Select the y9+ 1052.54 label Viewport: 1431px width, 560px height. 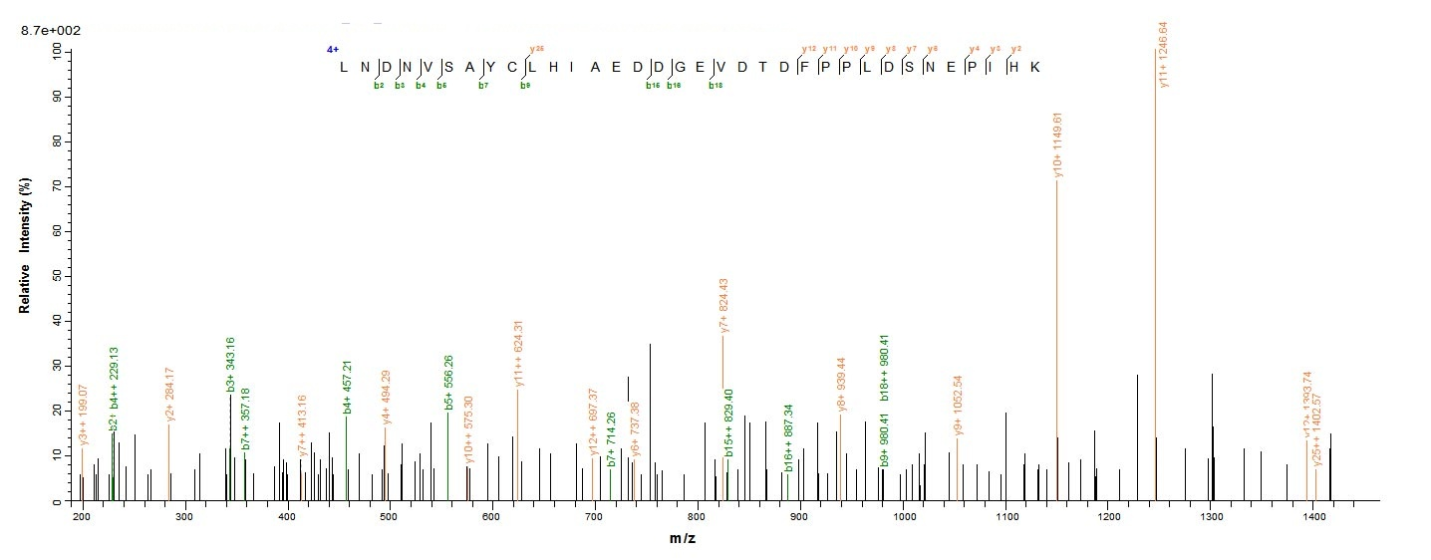958,405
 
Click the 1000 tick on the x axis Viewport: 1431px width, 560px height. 903,517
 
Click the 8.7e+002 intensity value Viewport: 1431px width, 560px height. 50,31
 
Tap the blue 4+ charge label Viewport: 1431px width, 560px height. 333,49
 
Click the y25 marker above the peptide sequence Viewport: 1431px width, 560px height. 537,49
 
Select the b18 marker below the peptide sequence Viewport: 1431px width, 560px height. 715,86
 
